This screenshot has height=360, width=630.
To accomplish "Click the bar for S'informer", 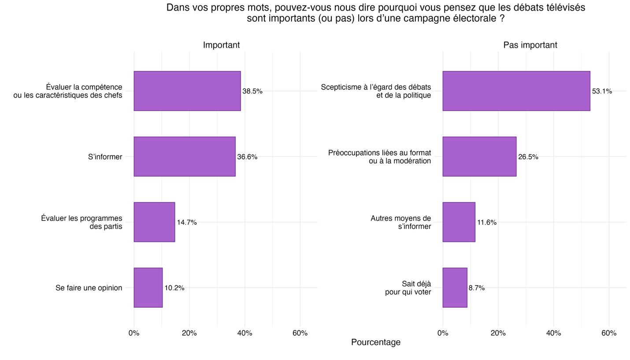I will [x=184, y=156].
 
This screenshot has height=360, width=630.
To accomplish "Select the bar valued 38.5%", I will [x=187, y=91].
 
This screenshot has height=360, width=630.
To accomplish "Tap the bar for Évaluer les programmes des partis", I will [x=154, y=222].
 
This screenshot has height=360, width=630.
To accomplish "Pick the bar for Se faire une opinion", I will [x=148, y=288].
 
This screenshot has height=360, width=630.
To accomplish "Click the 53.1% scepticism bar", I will [x=516, y=91].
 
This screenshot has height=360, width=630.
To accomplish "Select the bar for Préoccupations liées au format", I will [x=479, y=156].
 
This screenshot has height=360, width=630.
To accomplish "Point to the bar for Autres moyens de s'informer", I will [x=459, y=222].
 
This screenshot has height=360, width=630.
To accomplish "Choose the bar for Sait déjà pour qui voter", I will [x=455, y=288].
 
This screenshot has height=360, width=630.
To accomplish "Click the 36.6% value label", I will [x=247, y=157].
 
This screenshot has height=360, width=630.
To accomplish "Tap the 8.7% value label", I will [x=477, y=288].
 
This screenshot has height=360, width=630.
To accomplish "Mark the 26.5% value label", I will [x=528, y=157].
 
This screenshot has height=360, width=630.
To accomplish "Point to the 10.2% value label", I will [x=174, y=288].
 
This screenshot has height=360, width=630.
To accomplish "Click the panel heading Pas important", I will [x=530, y=45].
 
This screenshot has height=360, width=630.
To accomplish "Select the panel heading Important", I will [x=221, y=45].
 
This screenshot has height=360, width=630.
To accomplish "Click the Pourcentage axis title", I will [x=376, y=342].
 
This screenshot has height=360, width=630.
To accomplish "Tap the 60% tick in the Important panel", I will [x=300, y=333].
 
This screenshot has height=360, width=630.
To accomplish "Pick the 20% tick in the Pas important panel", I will [x=498, y=333].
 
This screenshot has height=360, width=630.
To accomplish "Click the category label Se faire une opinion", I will [x=89, y=288].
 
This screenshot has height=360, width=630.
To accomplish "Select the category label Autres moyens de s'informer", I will [x=400, y=223].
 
